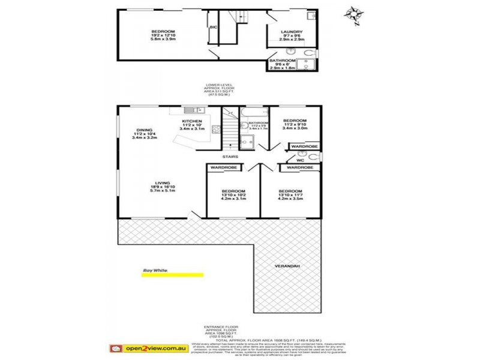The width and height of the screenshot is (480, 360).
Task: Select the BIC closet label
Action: pyautogui.click(x=213, y=27)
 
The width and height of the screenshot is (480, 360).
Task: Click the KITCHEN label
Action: pyautogui.click(x=193, y=121)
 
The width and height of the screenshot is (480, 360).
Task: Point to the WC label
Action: pyautogui.click(x=302, y=160)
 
